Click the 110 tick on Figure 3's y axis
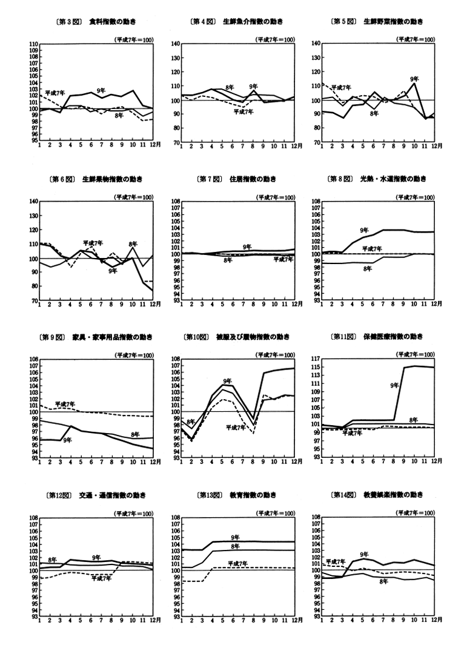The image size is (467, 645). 34,44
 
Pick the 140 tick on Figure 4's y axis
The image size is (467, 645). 176,44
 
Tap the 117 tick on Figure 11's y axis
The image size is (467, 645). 315,360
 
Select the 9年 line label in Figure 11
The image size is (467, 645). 394,385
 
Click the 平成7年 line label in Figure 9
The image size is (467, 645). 65,404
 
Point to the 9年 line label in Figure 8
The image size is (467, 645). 364,230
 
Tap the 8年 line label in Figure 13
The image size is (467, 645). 235,546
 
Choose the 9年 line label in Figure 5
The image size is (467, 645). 414,79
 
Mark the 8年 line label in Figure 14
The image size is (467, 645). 383,581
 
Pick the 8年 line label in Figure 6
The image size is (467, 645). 133,244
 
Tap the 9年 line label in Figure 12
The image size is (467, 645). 96,557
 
